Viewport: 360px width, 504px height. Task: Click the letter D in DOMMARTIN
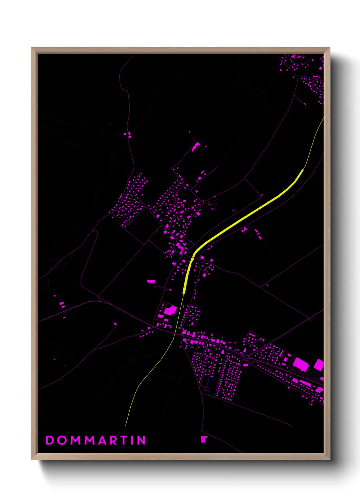click(50, 440)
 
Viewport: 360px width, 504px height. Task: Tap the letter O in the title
click(63, 440)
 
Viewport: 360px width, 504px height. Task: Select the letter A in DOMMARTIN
click(102, 440)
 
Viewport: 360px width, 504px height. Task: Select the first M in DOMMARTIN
click(76, 440)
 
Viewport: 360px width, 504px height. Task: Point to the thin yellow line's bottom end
click(126, 425)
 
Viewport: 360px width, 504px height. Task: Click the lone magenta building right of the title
click(203, 439)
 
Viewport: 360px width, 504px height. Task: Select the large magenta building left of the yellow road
click(170, 310)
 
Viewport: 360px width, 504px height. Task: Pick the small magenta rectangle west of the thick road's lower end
click(151, 281)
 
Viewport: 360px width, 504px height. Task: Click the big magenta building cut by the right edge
click(319, 364)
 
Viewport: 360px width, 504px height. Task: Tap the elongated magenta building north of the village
click(195, 147)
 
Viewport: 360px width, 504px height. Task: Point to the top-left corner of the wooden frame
click(32, 48)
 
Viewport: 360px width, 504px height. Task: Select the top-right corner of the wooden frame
click(330, 48)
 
